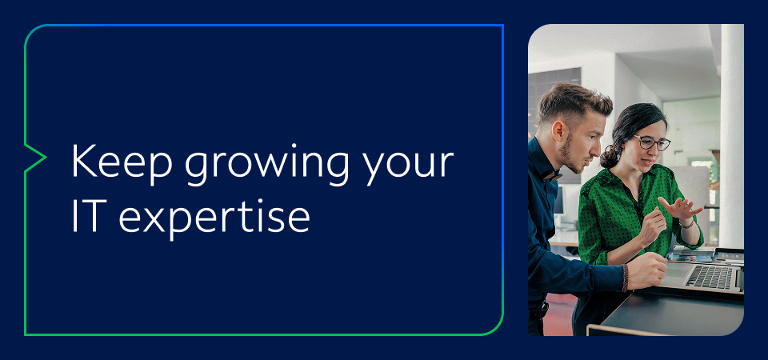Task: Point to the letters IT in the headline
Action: tap(86, 215)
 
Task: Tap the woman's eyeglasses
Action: tap(653, 143)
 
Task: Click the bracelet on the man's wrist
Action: tap(626, 278)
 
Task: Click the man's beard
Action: tap(569, 156)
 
